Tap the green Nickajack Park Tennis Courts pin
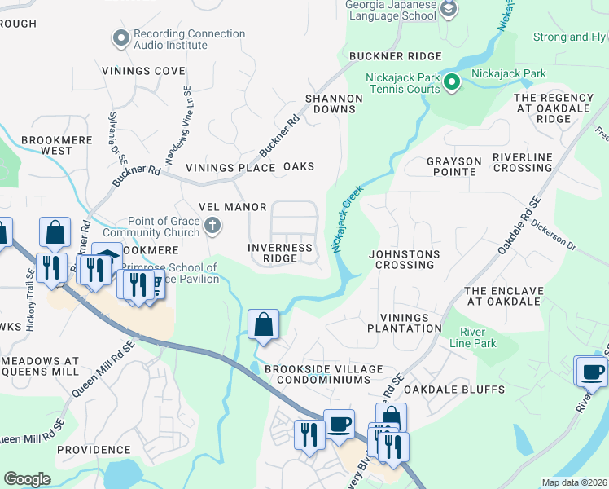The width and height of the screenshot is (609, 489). tap(452, 81)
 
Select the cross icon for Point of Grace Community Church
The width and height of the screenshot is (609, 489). tap(212, 225)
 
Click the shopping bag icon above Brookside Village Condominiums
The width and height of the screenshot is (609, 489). tap(264, 325)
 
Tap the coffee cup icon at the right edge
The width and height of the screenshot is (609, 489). tap(592, 372)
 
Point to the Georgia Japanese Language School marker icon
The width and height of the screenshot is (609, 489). tap(448, 10)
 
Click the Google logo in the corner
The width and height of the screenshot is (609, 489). tap(27, 479)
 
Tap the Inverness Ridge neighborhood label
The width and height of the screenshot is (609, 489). tap(281, 253)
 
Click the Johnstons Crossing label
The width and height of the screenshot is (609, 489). tap(405, 259)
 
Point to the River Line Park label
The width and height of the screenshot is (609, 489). tap(478, 337)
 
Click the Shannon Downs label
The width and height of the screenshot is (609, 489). tap(333, 104)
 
